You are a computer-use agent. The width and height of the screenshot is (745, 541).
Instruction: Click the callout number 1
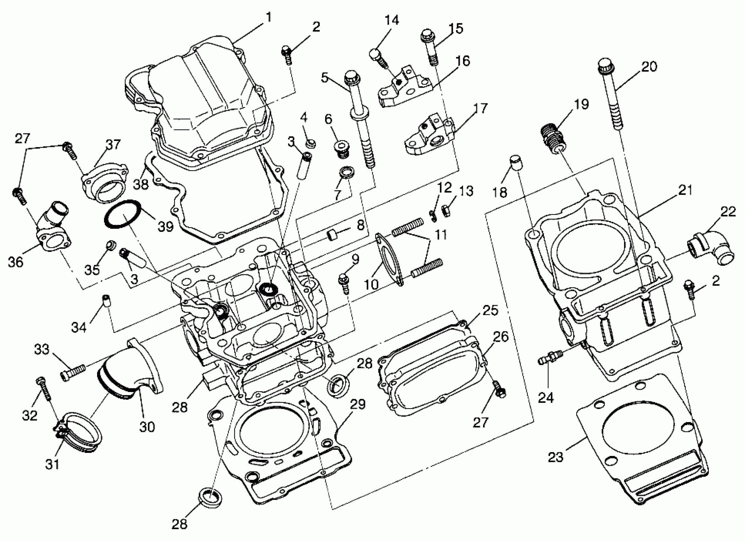[269, 18]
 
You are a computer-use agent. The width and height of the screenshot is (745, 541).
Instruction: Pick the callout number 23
[555, 457]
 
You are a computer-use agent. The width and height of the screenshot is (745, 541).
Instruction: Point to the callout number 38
[141, 184]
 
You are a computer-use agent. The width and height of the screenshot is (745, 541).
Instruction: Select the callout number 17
[481, 109]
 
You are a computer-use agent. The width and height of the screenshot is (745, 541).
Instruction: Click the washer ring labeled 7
[347, 173]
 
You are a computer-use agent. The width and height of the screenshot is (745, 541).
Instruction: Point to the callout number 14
[391, 20]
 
